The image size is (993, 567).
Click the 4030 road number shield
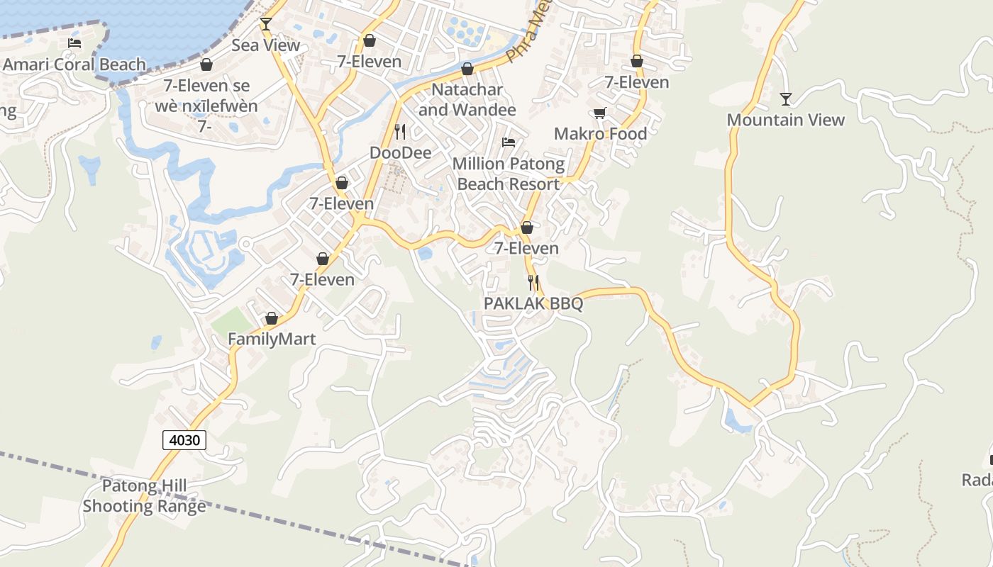click(x=184, y=440)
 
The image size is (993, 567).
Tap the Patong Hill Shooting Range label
click(x=145, y=496)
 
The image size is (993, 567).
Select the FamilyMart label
click(x=272, y=339)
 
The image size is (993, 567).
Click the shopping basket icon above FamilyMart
click(x=271, y=319)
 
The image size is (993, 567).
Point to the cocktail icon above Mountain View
click(x=785, y=99)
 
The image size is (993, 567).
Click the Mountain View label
click(x=785, y=120)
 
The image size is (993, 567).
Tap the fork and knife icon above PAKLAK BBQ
click(x=533, y=283)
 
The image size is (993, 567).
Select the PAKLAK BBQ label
click(x=533, y=304)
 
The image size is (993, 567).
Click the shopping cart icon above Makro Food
click(x=600, y=113)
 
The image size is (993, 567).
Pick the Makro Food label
click(x=600, y=134)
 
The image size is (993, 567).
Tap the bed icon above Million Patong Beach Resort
click(x=509, y=142)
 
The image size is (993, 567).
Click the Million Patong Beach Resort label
click(x=509, y=174)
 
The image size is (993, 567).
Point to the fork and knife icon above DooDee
click(x=400, y=132)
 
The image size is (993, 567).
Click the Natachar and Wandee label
click(x=467, y=100)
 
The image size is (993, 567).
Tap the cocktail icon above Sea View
click(x=266, y=24)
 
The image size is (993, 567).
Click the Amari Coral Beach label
click(x=74, y=64)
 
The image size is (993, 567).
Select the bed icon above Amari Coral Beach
click(x=74, y=43)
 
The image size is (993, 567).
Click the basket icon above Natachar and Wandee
click(x=467, y=69)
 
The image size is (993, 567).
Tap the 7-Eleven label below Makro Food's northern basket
click(x=636, y=82)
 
